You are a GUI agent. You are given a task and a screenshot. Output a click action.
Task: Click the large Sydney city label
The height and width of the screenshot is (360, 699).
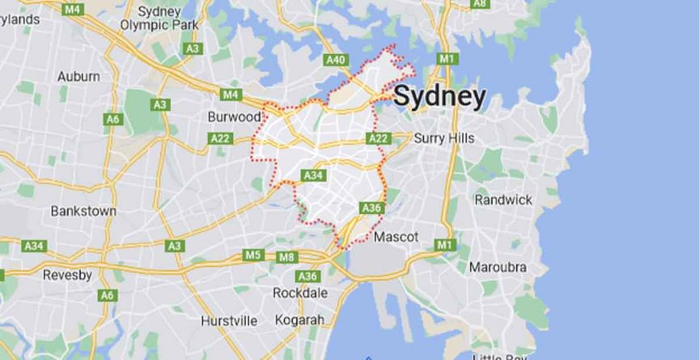[x=440, y=97]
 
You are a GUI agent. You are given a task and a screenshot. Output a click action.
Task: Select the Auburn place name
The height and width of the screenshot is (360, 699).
[x=78, y=76]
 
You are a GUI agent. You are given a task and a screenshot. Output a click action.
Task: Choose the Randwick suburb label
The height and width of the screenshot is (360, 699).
[x=503, y=199]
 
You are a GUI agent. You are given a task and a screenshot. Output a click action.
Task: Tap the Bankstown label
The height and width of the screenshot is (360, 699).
[x=83, y=210]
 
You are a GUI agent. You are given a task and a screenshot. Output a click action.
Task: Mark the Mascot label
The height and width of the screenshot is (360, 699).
[x=396, y=237]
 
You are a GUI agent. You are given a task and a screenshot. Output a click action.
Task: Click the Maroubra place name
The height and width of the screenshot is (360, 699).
[x=498, y=267]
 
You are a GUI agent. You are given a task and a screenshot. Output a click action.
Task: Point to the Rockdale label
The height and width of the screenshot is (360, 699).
[x=300, y=292]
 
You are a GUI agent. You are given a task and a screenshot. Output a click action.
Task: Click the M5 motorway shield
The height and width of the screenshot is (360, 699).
[x=253, y=256]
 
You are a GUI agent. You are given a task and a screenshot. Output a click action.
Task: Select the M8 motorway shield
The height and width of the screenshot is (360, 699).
[x=286, y=257]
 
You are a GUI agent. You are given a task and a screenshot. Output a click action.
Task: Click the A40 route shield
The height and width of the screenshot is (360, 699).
[x=335, y=60]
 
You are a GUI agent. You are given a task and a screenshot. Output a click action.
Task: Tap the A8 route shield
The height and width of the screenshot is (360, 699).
[x=480, y=3]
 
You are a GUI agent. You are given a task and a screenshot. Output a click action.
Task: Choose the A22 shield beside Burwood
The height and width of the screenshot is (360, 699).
[x=220, y=138]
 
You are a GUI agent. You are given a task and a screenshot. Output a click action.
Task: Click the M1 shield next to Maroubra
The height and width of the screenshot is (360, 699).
[x=444, y=244]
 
